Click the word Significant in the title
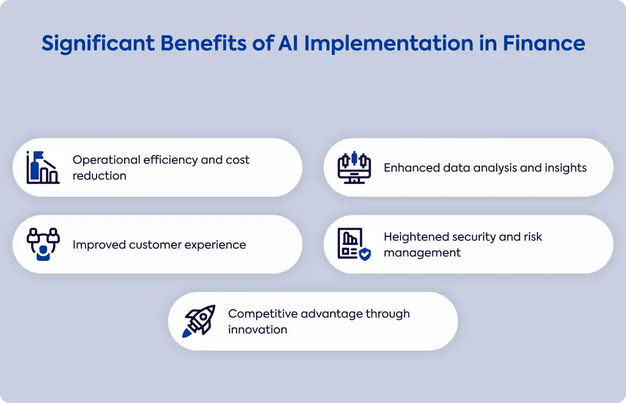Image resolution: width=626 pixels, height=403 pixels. (x=98, y=43)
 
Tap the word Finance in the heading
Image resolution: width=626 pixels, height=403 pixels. (x=543, y=43)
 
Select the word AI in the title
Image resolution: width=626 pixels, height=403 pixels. (x=288, y=43)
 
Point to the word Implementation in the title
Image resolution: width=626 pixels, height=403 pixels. (x=388, y=44)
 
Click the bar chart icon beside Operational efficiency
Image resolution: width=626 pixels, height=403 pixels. (x=43, y=167)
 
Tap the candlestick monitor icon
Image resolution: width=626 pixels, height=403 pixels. (x=354, y=167)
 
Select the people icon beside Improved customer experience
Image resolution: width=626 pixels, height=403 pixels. (x=43, y=244)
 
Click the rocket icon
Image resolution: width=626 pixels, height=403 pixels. (x=199, y=321)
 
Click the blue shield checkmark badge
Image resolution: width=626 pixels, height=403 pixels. (x=365, y=254)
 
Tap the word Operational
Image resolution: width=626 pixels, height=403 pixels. (x=106, y=160)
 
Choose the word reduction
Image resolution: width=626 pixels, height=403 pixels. (x=100, y=176)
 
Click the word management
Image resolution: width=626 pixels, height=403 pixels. (x=422, y=253)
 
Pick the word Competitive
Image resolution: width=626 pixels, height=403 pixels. (x=263, y=314)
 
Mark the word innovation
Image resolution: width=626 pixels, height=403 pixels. (x=258, y=330)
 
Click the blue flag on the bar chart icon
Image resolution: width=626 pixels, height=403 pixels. (x=39, y=155)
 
